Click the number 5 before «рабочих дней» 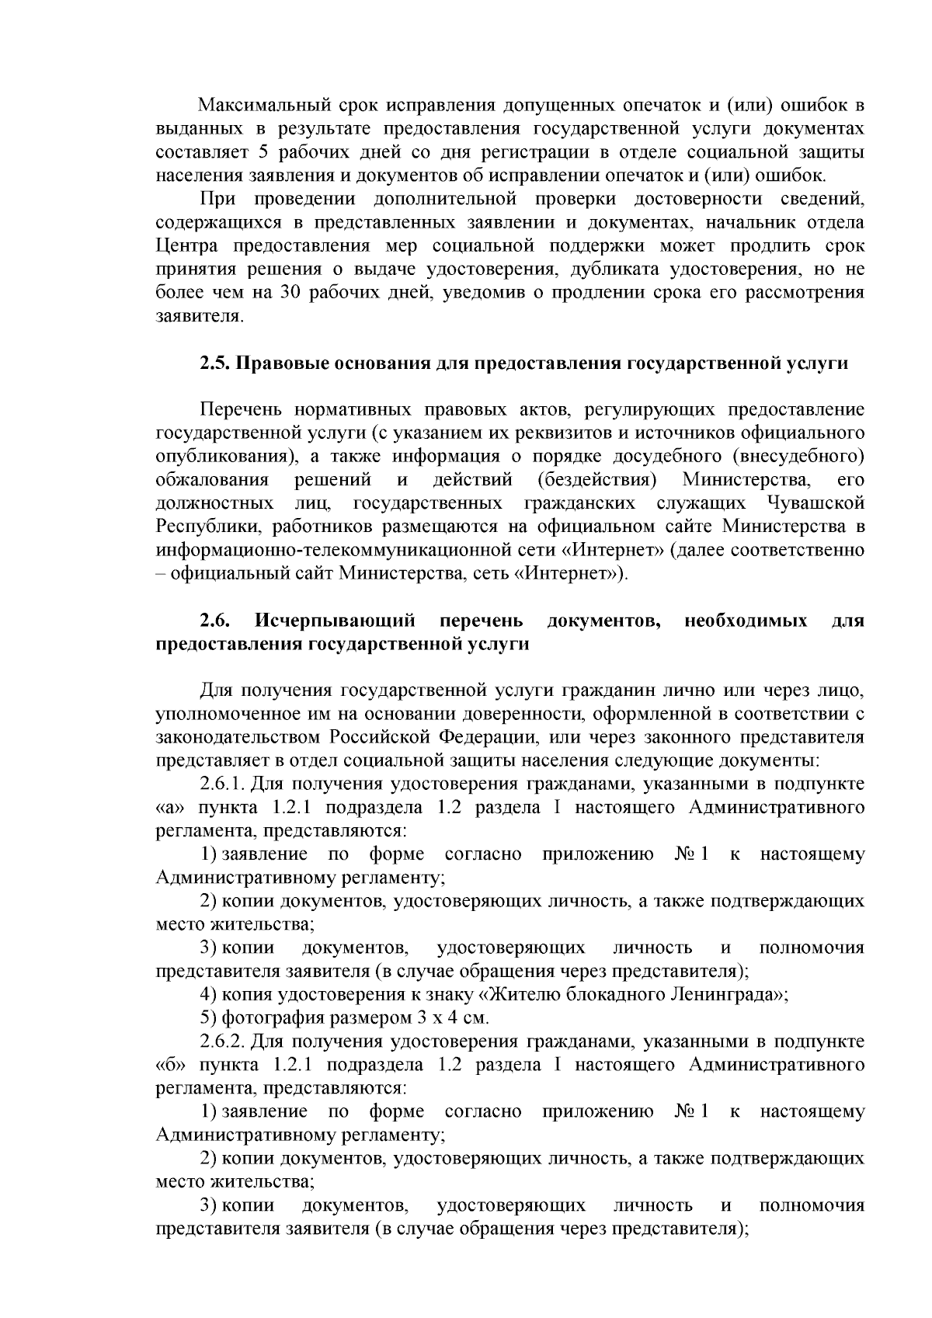click(263, 151)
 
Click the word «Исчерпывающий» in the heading click(335, 621)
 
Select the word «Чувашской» click(817, 503)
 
